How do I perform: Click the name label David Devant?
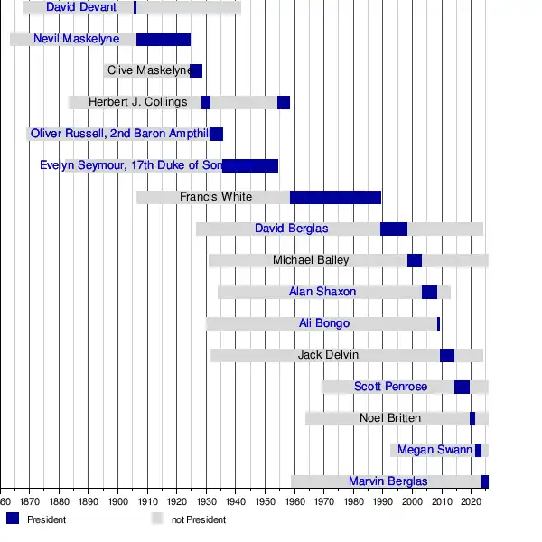81,8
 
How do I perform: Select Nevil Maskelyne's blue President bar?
163,39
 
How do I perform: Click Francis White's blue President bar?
335,197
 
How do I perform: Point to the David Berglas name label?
291,229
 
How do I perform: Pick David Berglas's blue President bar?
394,229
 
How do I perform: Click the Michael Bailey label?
311,260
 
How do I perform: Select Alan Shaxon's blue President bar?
429,292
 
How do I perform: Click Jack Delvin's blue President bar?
447,355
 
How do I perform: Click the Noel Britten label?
389,418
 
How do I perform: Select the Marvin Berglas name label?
388,481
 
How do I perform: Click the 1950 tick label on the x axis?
266,500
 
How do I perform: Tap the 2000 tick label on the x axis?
413,500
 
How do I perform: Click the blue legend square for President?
13,519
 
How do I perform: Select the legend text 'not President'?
199,519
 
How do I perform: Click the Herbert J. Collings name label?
137,102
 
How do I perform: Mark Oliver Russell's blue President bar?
217,134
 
